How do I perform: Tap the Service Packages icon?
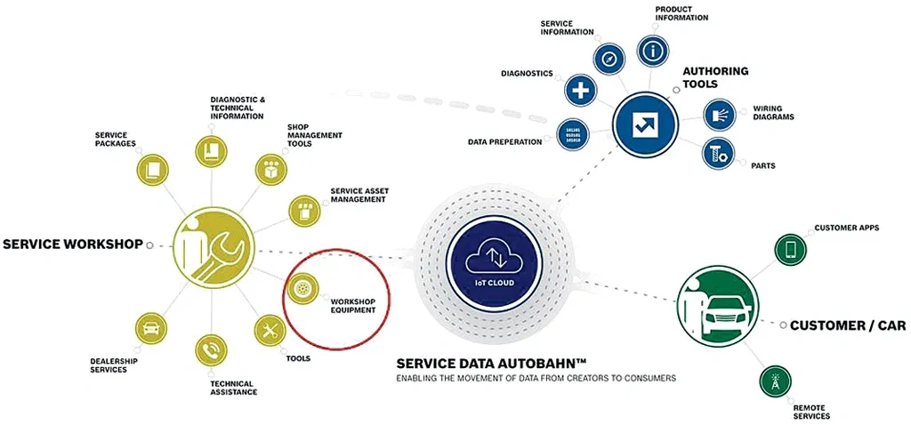(x=153, y=167)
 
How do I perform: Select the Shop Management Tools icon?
(x=270, y=168)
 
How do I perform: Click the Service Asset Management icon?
(x=302, y=209)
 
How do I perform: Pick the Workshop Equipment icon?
(x=302, y=289)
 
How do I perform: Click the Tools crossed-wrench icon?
(x=269, y=331)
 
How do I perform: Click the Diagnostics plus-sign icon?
(x=580, y=89)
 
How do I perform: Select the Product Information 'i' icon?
(x=654, y=51)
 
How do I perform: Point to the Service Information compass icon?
(x=609, y=60)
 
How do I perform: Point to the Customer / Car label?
(x=848, y=326)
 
